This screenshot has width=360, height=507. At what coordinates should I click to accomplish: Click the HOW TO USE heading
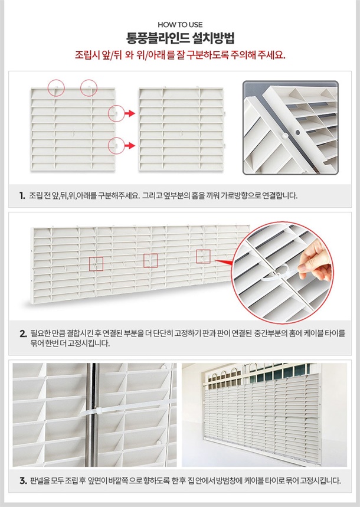[x=180, y=25]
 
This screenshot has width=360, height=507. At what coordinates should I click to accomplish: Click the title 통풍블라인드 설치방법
[x=180, y=38]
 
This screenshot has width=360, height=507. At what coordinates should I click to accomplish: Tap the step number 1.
[x=22, y=195]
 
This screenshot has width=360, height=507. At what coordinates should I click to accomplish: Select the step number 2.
[x=23, y=333]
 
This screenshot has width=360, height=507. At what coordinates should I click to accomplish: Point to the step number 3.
[x=23, y=481]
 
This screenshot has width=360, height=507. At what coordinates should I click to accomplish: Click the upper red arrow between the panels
[x=130, y=113]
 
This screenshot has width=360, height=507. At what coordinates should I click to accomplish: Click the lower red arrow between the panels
[x=130, y=146]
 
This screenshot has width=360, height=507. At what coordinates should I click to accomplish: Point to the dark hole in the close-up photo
[x=298, y=133]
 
